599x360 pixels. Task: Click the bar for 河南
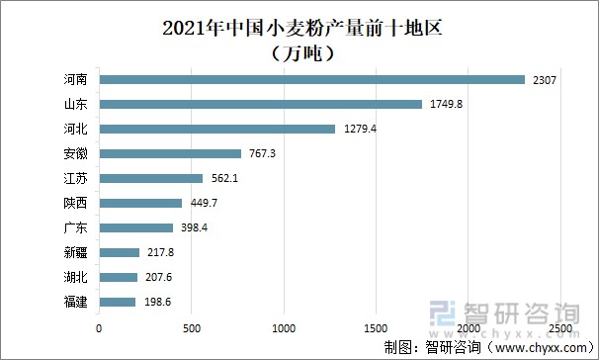pyautogui.click(x=311, y=79)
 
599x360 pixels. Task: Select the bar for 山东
pyautogui.click(x=260, y=104)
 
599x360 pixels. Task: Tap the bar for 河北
pyautogui.click(x=216, y=129)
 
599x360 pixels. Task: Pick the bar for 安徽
pyautogui.click(x=170, y=153)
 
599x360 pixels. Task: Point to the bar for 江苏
pyautogui.click(x=150, y=178)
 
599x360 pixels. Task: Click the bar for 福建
pyautogui.click(x=117, y=302)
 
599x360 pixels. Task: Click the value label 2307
pyautogui.click(x=545, y=79)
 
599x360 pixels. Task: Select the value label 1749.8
pyautogui.click(x=446, y=104)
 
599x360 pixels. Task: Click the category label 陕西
pyautogui.click(x=74, y=203)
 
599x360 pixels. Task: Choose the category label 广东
pyautogui.click(x=74, y=227)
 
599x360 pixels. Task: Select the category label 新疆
pyautogui.click(x=74, y=252)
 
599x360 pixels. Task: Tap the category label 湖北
pyautogui.click(x=74, y=277)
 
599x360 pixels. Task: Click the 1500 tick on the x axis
pyautogui.click(x=376, y=327)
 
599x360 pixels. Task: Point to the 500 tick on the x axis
pyautogui.click(x=191, y=327)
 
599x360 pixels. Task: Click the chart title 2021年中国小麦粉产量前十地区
pyautogui.click(x=299, y=27)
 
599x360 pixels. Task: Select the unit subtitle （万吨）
pyautogui.click(x=299, y=52)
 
